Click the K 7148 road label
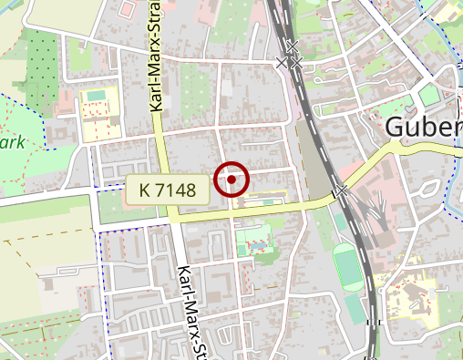[x=170, y=190]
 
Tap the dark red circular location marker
[x=232, y=180]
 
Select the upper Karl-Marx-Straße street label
[x=156, y=64]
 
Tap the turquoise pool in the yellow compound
[x=96, y=95]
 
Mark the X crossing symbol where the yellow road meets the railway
[x=341, y=192]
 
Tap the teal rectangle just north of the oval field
[x=339, y=223]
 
